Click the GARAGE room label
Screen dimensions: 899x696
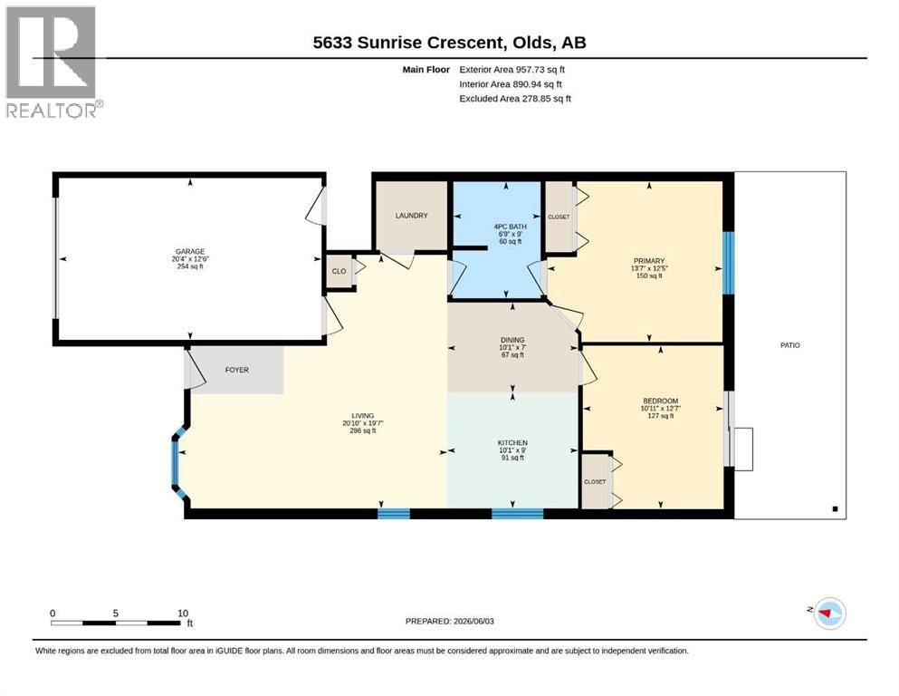pos(190,251)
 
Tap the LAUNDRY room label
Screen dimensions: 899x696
pos(411,216)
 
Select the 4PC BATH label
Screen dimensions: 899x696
pos(510,227)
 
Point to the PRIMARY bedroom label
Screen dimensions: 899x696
pos(649,261)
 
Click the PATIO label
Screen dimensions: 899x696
pos(790,345)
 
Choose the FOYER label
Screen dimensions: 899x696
pos(237,370)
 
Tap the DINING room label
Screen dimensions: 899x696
pos(512,340)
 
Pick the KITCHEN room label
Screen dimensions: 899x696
pos(512,443)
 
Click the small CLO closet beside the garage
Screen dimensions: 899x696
pos(339,271)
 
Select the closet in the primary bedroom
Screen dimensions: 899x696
pos(559,217)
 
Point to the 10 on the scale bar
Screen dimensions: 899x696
pos(183,614)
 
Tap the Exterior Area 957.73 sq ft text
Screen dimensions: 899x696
pos(512,70)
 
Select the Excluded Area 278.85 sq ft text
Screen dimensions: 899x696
pos(515,99)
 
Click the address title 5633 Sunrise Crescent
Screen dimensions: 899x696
pos(407,43)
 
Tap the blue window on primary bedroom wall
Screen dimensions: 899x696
pos(728,263)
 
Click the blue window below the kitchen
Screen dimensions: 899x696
pos(517,514)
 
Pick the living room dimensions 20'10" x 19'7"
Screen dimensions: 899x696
pos(363,423)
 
